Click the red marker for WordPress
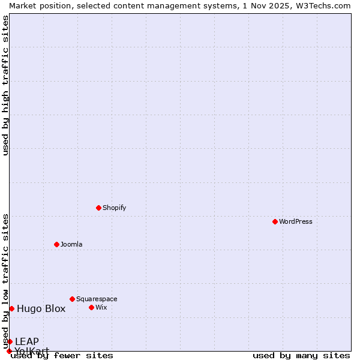[275, 221]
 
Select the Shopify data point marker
[98, 208]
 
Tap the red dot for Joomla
[56, 244]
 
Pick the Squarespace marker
[72, 299]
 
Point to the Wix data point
[91, 307]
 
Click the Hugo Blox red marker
[11, 308]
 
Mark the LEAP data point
[10, 341]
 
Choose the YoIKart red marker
[9, 351]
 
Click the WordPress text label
[295, 221]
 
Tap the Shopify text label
[114, 208]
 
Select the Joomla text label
[71, 244]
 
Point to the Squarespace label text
[97, 299]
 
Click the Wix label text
[101, 307]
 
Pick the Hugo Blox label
[41, 309]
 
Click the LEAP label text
[27, 342]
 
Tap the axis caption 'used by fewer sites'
[62, 356]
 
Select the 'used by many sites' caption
[301, 356]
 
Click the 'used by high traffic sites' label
[5, 85]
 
